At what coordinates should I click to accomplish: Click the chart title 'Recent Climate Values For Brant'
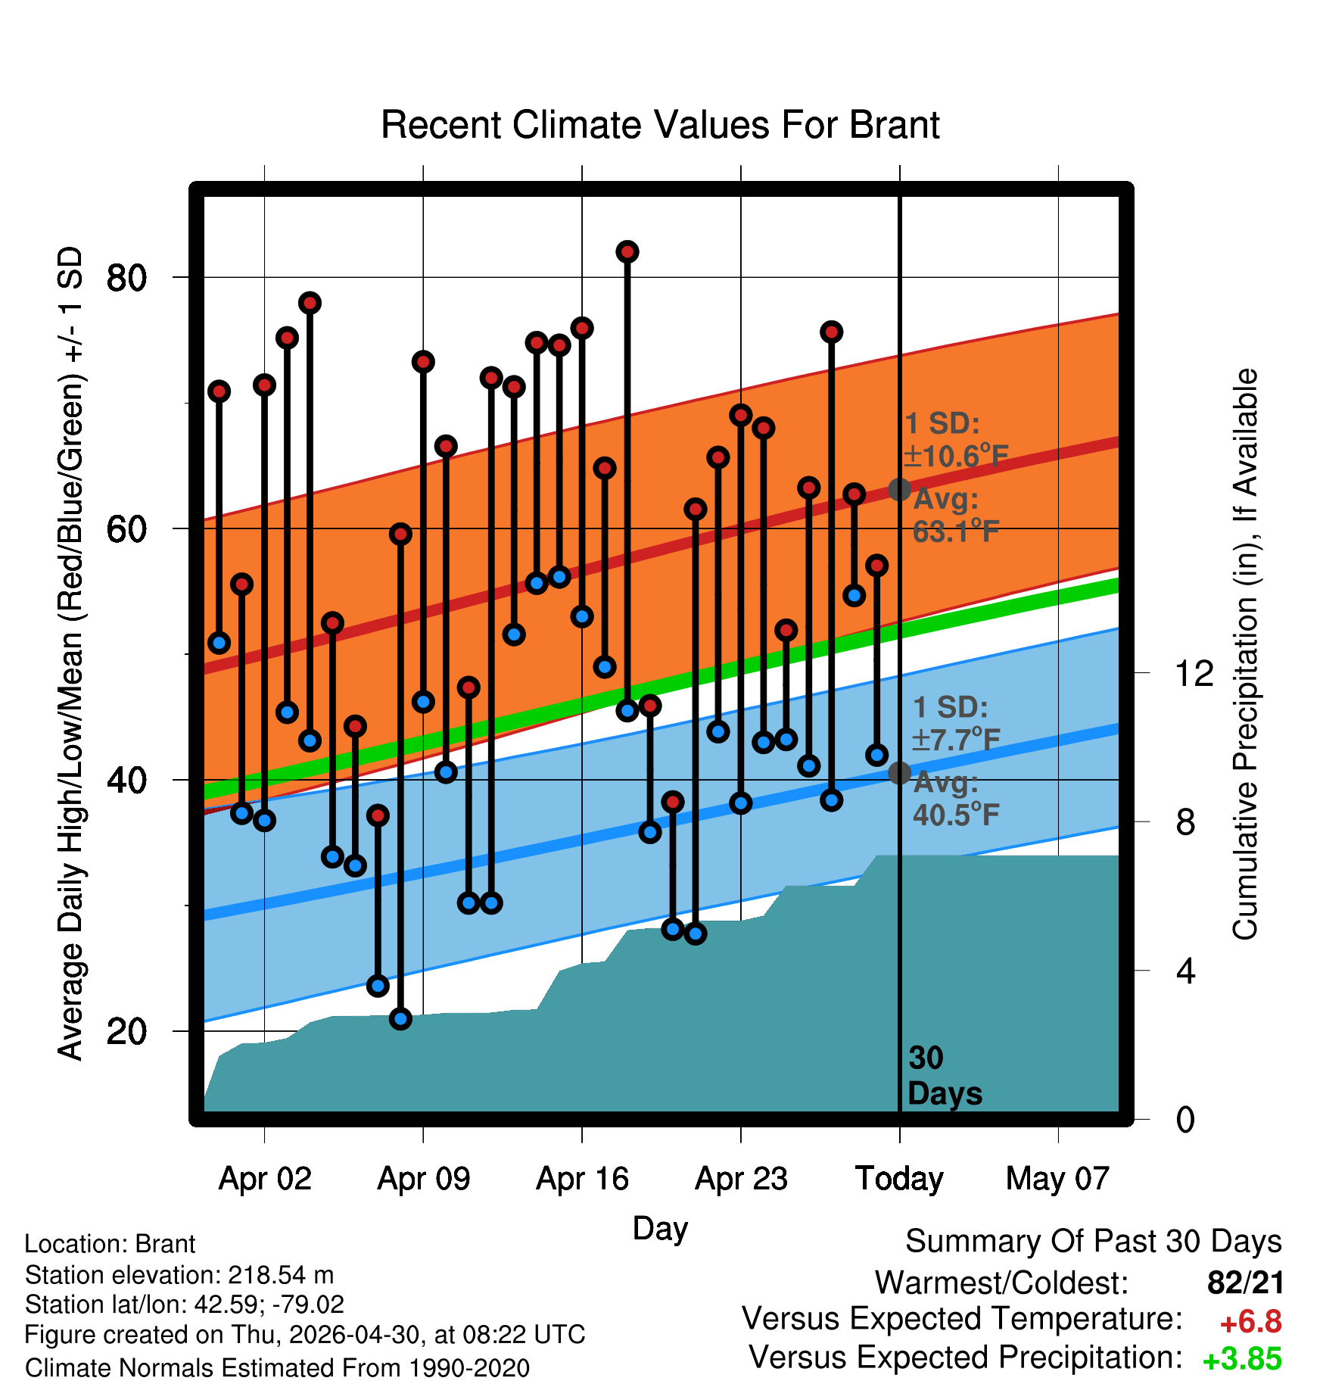(x=660, y=125)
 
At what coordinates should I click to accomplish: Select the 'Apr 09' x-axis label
(x=424, y=1178)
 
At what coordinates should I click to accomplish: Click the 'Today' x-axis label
(x=899, y=1178)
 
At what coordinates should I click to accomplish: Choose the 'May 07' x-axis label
(x=1057, y=1178)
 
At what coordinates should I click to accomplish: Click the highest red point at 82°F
(x=627, y=251)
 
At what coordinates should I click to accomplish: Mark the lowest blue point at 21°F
(x=400, y=1019)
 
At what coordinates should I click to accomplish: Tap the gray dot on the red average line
(x=899, y=490)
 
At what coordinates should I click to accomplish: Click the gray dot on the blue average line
(x=899, y=773)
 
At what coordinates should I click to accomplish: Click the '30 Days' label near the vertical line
(x=945, y=1076)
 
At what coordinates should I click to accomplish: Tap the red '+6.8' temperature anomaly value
(x=1251, y=1322)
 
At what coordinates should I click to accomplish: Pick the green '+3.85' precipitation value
(x=1242, y=1359)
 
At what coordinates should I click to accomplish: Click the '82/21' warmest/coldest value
(x=1246, y=1283)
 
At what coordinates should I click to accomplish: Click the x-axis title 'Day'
(x=660, y=1228)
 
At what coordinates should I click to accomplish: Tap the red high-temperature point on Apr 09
(x=423, y=362)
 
